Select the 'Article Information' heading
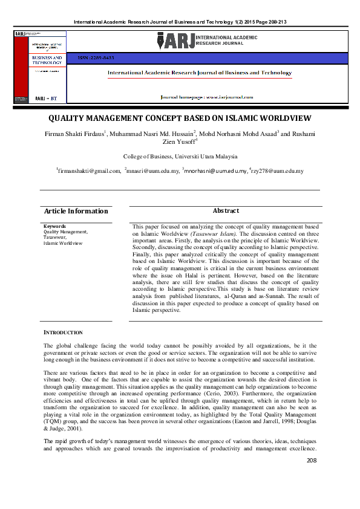[76, 211]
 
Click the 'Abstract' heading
[226, 210]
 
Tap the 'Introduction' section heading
[67, 332]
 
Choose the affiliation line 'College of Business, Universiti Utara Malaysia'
[180, 156]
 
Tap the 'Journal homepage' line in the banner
[206, 97]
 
